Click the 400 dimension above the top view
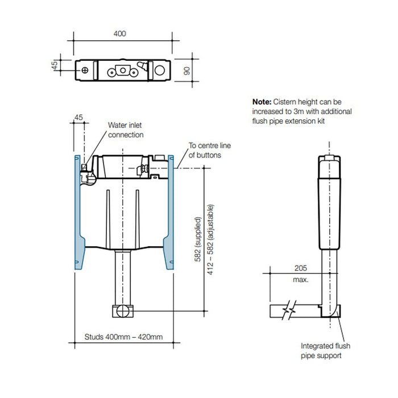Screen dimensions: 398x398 [119, 34]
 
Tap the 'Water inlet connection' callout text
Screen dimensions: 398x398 [126, 131]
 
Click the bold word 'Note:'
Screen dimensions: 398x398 [262, 101]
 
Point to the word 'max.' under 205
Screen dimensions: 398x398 [301, 280]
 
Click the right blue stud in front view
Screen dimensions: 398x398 [169, 213]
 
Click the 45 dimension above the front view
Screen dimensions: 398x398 [79, 118]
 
